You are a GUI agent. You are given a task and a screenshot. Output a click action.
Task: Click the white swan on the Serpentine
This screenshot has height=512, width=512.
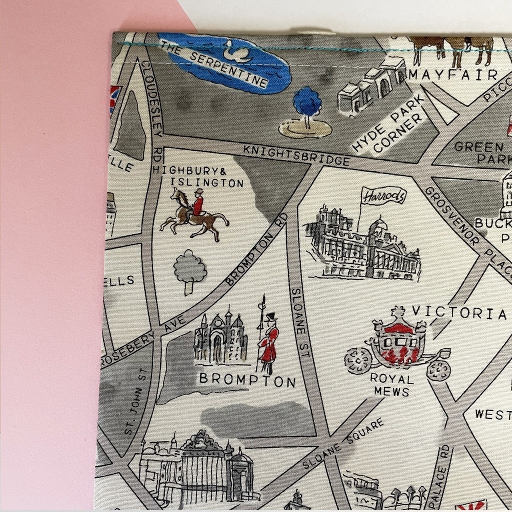click(x=235, y=51)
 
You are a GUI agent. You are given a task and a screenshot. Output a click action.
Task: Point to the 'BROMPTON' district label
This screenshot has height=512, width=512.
click(x=247, y=380)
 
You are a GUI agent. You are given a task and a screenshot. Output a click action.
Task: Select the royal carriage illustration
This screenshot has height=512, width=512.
click(x=398, y=345)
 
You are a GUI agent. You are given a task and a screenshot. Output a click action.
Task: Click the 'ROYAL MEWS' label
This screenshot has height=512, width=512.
click(x=392, y=385)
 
